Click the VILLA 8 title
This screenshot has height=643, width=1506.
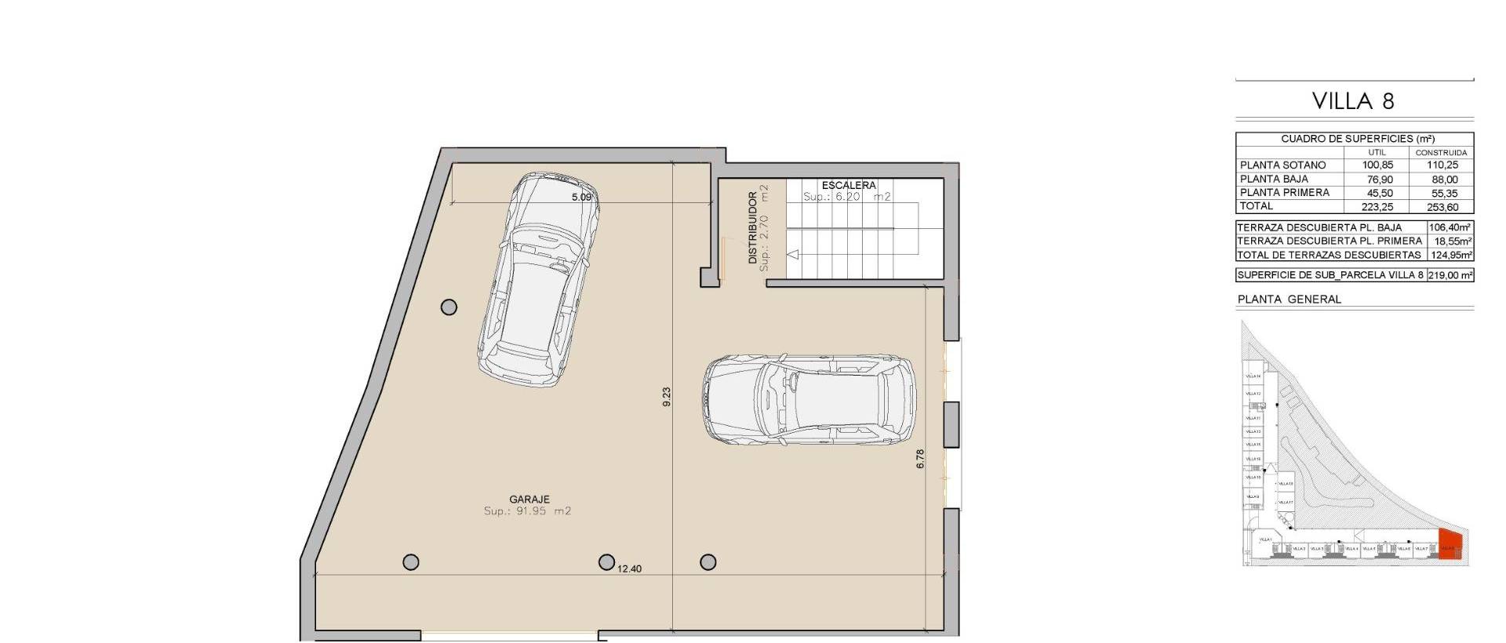click(x=1353, y=101)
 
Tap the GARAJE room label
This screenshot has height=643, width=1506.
click(x=529, y=499)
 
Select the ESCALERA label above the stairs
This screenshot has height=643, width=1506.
click(x=849, y=186)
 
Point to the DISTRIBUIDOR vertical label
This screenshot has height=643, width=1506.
click(x=753, y=227)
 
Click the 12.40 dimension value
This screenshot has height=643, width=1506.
click(x=629, y=569)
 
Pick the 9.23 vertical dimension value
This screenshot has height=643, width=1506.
click(x=667, y=397)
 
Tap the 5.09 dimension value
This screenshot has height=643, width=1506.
click(x=581, y=198)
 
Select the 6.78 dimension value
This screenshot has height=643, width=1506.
click(x=920, y=459)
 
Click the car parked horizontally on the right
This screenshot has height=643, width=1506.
click(x=809, y=400)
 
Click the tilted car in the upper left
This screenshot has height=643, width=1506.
click(x=537, y=281)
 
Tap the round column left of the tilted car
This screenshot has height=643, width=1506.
click(x=449, y=307)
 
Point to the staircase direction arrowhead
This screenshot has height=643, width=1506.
click(x=792, y=254)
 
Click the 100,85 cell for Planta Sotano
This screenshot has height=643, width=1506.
click(x=1377, y=165)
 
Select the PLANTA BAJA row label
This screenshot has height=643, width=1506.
click(x=1274, y=179)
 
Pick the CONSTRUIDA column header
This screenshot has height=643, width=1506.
click(x=1441, y=152)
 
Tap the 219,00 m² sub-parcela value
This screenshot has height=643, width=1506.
click(x=1450, y=275)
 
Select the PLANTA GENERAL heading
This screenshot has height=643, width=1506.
click(x=1289, y=299)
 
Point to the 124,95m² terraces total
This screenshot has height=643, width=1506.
click(x=1450, y=255)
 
